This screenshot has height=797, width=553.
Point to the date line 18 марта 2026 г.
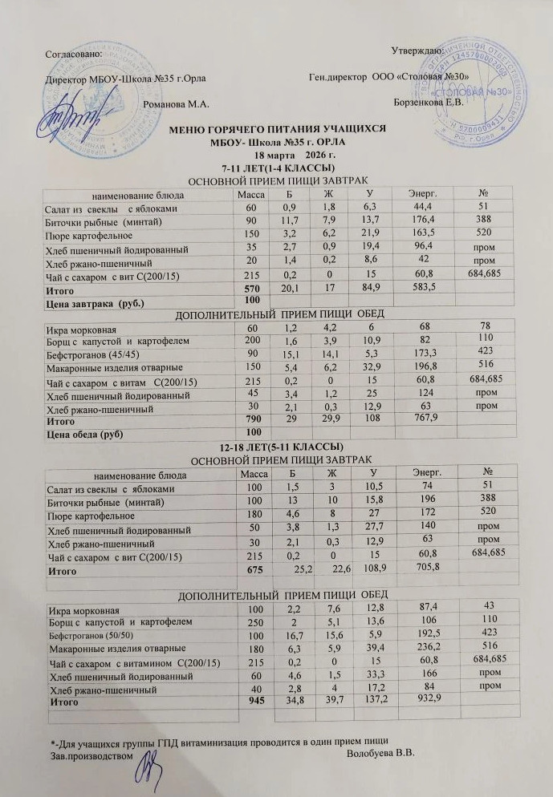[x=277, y=156]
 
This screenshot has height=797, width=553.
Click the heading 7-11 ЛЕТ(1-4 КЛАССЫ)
[x=278, y=168]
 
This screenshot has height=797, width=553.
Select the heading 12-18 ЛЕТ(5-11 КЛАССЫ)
[x=276, y=446]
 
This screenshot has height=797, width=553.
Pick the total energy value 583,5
[x=401, y=288]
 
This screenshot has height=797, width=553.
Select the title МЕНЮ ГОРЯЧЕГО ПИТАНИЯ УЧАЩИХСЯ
[x=277, y=129]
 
